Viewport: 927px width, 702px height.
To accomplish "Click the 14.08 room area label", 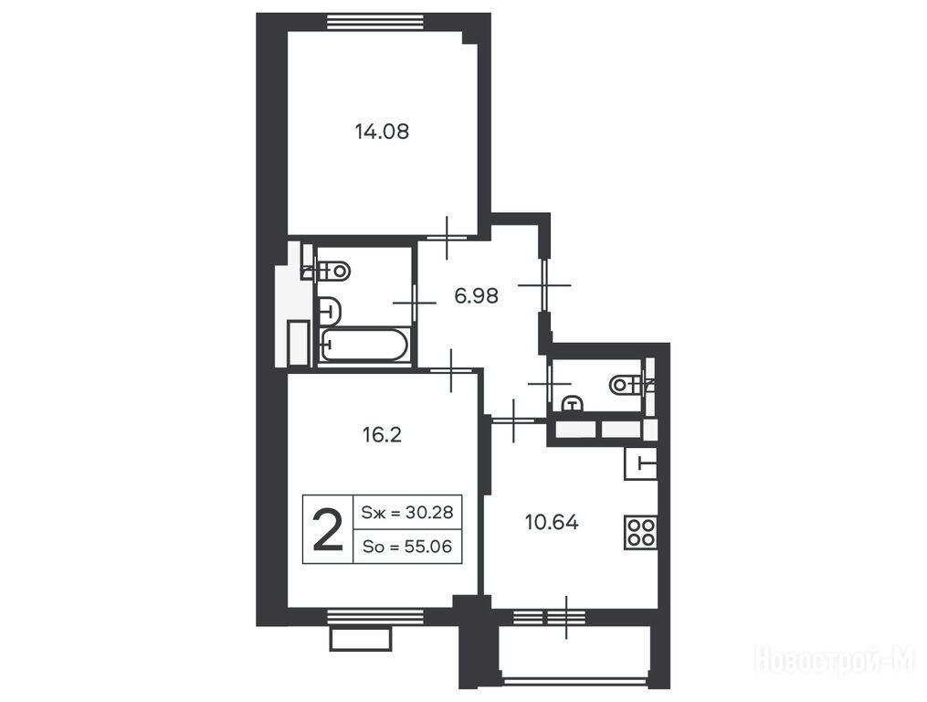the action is pos(382,131).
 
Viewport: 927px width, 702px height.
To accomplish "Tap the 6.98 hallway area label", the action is pos(476,294).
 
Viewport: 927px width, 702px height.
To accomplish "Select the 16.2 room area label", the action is pos(382,435).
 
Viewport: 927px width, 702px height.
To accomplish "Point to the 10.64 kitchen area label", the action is pos(552,522).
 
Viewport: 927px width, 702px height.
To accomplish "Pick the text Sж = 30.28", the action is pos(406,512).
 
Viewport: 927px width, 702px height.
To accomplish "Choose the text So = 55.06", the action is pos(406,547).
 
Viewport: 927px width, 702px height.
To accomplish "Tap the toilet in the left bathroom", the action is pos(332,271).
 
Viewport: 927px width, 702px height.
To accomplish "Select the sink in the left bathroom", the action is pos(330,311).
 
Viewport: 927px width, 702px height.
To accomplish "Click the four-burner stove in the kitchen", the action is pos(641,532).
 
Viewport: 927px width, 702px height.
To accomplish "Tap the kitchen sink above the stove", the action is pos(641,463).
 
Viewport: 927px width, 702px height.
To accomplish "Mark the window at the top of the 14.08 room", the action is pos(375,21).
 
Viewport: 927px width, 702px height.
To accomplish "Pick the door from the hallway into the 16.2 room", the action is pos(452,370).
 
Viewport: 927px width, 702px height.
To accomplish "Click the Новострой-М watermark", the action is pos(835,659).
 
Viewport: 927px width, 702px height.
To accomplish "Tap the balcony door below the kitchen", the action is pos(566,617).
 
